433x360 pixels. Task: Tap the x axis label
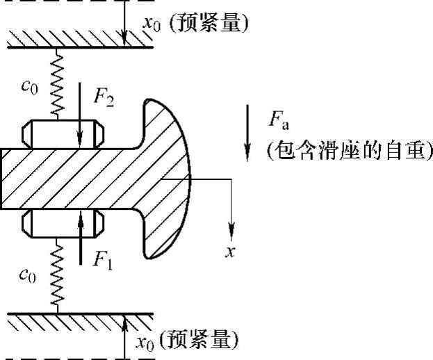pyautogui.click(x=228, y=251)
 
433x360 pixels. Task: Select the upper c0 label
pyautogui.click(x=28, y=88)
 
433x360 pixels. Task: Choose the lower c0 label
pyautogui.click(x=28, y=275)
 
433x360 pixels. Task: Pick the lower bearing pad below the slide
pyautogui.click(x=63, y=223)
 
